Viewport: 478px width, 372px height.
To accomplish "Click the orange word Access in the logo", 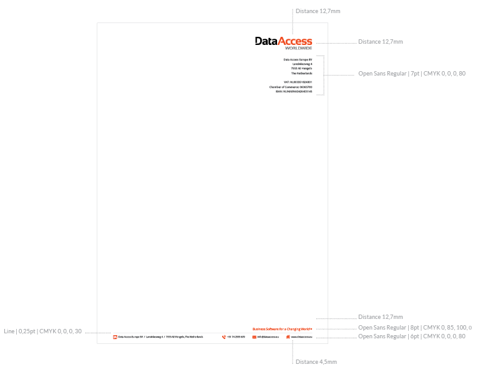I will (295, 41).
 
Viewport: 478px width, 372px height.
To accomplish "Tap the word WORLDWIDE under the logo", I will (298, 48).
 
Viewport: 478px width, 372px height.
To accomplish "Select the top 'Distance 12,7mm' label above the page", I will (318, 11).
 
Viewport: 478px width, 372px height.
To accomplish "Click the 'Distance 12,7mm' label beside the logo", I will (380, 42).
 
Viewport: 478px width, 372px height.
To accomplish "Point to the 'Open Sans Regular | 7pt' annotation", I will (411, 74).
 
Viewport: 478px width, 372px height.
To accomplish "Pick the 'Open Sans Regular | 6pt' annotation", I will (411, 336).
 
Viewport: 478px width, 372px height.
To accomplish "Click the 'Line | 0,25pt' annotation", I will (42, 331).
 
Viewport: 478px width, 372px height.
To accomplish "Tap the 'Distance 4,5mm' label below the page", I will (316, 362).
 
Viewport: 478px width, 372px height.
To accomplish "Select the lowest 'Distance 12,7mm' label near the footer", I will (380, 317).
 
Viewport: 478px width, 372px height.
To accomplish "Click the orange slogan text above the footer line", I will (282, 329).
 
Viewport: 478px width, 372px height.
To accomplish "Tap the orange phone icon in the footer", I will (224, 337).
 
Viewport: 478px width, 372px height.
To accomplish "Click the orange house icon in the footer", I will (288, 337).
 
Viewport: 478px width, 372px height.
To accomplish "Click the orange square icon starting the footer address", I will (115, 337).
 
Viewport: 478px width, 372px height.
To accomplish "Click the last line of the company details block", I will (294, 91).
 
